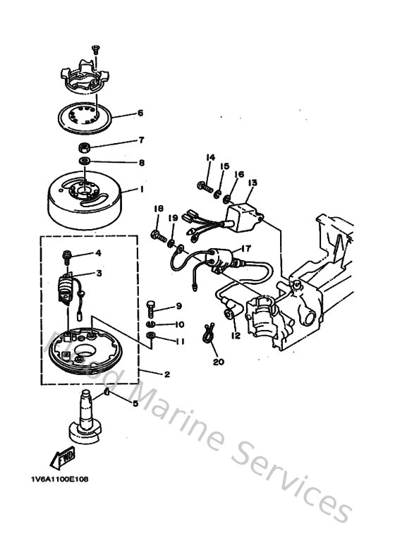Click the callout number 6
(x=140, y=113)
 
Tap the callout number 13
(x=252, y=183)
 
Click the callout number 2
(x=166, y=375)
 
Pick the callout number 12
(x=236, y=336)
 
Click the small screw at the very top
(x=94, y=49)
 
